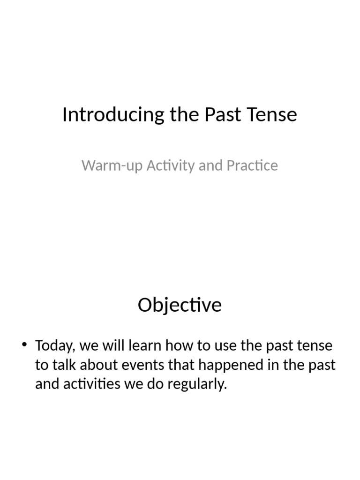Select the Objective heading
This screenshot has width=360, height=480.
(180, 306)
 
